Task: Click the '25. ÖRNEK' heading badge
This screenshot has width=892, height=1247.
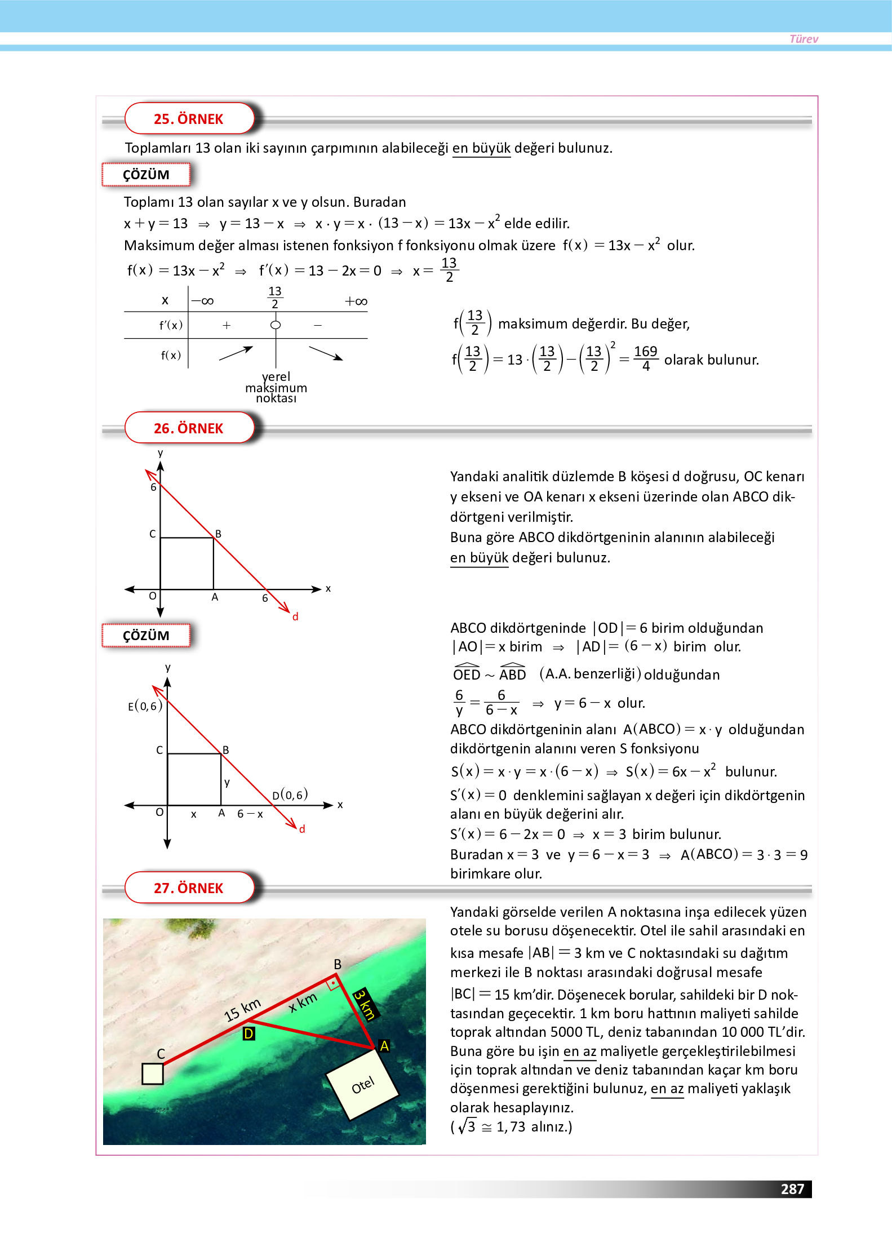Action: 189,119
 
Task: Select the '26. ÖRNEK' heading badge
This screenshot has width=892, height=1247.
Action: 189,428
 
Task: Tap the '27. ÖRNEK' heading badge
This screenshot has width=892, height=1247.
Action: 189,888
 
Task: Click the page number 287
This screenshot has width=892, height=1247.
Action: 792,1189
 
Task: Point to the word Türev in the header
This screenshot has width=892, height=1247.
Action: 804,39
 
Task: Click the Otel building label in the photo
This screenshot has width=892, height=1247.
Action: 363,1085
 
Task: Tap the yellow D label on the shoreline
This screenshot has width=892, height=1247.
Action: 248,1033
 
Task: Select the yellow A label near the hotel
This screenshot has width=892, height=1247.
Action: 384,1046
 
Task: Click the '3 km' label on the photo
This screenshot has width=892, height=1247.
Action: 365,1004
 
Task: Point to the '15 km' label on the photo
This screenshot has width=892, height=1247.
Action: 242,1010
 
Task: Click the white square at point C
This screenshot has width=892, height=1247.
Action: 153,1074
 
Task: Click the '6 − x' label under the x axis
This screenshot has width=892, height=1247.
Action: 250,814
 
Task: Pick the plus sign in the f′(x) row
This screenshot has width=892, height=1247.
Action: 227,325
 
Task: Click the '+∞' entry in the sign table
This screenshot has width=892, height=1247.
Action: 356,301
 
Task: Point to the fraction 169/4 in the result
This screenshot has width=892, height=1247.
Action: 646,358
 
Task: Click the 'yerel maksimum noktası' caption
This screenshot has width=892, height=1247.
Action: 276,388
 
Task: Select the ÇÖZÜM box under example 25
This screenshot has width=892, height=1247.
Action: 146,175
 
